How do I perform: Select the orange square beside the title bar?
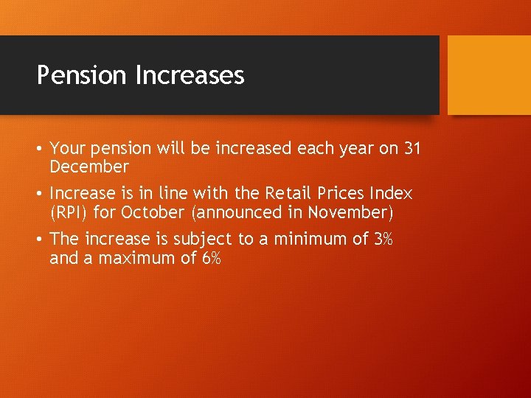pos(489,74)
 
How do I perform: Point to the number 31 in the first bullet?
pos(412,148)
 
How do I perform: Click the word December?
pos(89,167)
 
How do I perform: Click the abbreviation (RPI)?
pos(71,213)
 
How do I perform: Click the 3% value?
pos(383,239)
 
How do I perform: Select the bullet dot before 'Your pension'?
pos(41,149)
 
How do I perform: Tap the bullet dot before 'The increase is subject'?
pos(41,240)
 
